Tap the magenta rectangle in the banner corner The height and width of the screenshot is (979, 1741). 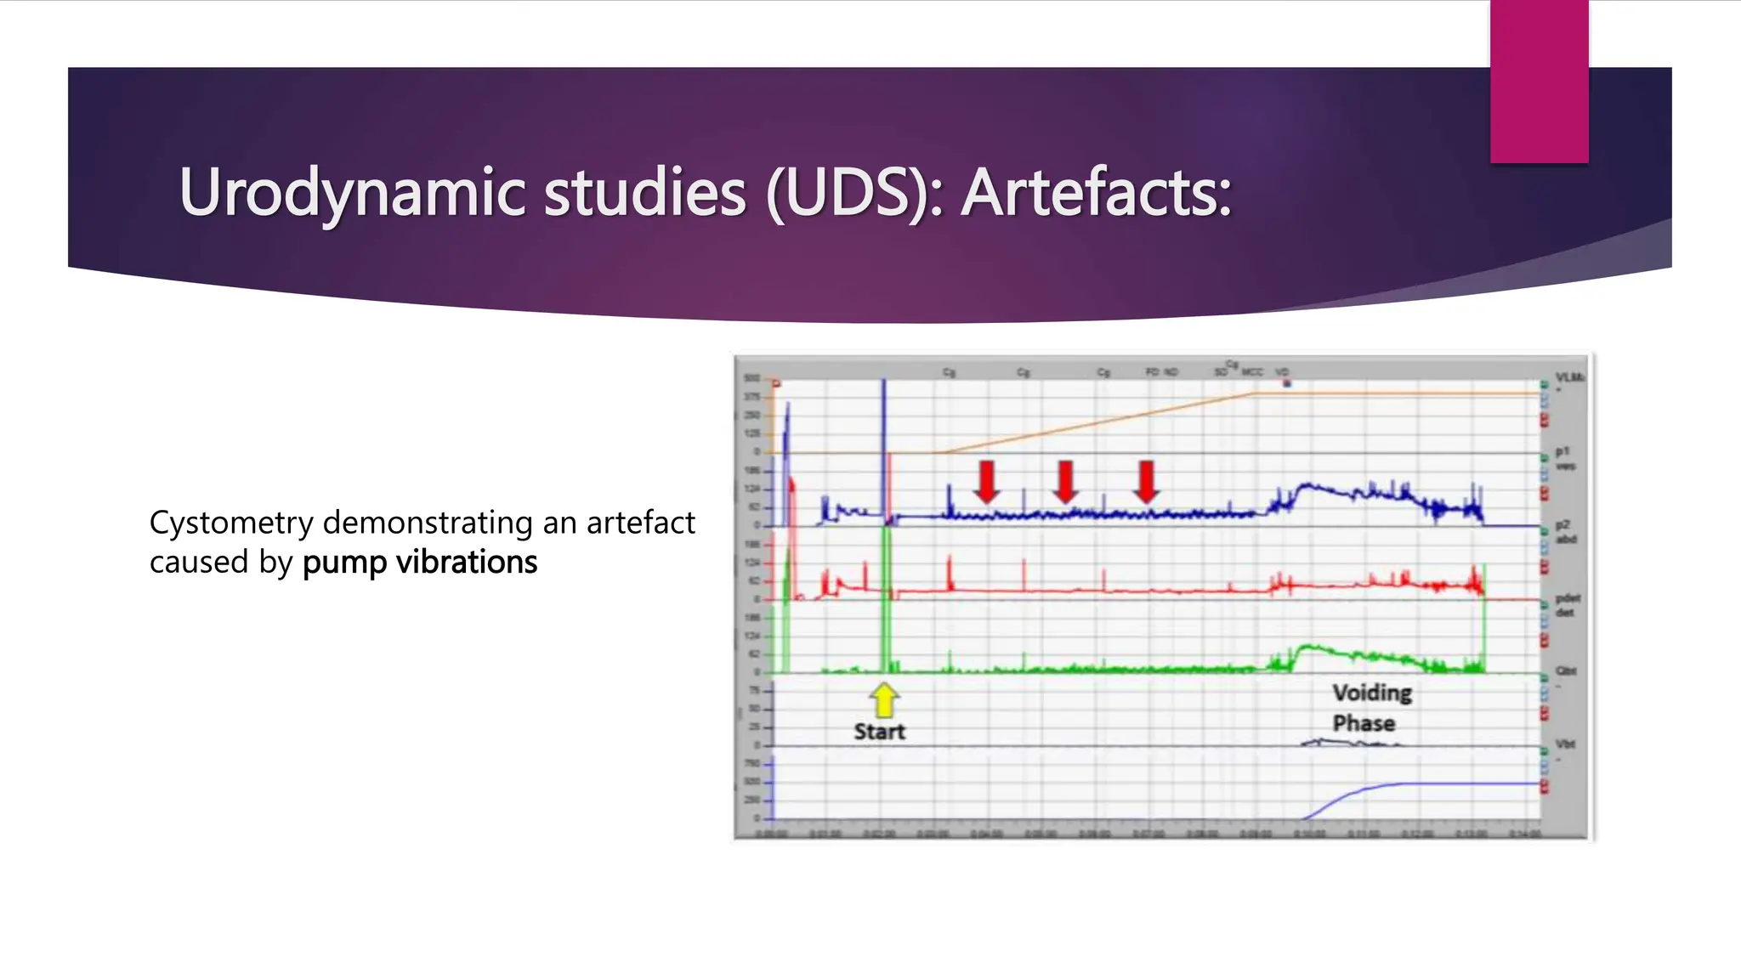[1539, 82]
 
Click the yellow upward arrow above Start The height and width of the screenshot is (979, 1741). [884, 699]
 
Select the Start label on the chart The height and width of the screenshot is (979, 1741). [879, 732]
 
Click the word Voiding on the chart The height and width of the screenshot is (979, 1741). [1371, 693]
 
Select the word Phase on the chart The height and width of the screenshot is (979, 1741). [1364, 723]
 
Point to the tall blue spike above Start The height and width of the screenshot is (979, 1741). [884, 425]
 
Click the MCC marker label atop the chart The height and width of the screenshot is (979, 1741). [1252, 372]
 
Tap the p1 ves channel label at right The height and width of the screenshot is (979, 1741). [1565, 458]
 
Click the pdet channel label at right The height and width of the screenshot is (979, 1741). [1567, 605]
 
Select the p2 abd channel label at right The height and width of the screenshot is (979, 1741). [1566, 532]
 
